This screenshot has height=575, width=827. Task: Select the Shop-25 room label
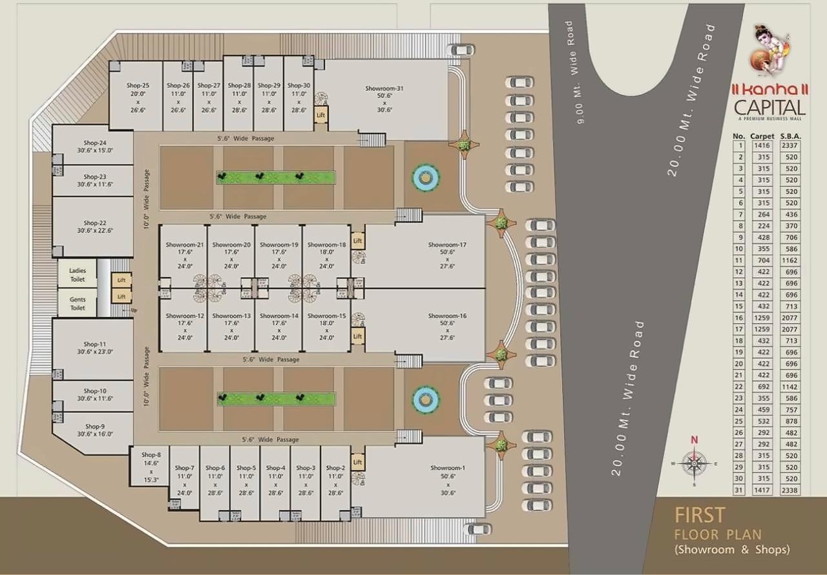(x=138, y=85)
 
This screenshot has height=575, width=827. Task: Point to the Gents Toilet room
(x=78, y=303)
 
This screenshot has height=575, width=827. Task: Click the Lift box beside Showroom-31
(x=321, y=115)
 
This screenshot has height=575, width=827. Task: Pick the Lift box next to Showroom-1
(x=357, y=462)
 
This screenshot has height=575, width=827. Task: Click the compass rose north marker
(x=695, y=440)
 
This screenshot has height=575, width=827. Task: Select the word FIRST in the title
(x=700, y=515)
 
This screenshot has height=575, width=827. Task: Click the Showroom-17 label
(x=446, y=245)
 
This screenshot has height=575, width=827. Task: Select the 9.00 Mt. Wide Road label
(x=576, y=72)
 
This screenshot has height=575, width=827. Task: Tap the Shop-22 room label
(x=94, y=223)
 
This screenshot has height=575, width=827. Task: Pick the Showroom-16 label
(x=446, y=316)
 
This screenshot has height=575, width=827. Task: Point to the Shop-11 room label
(x=94, y=344)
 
